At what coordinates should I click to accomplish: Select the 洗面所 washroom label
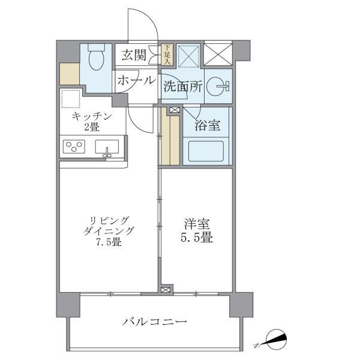(182, 86)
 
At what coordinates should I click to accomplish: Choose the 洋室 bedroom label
(196, 223)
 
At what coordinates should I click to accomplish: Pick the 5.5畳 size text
(196, 238)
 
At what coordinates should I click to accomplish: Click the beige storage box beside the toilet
(69, 73)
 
